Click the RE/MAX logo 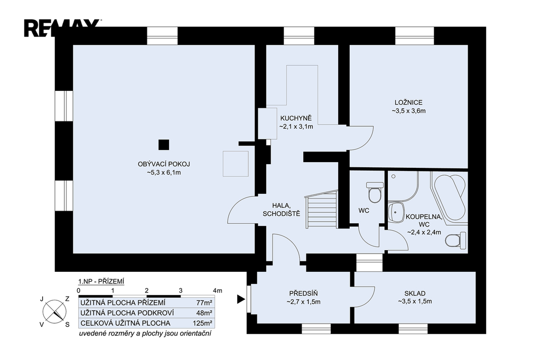(x=62, y=28)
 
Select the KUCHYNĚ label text (x=296, y=118)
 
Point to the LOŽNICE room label (x=408, y=102)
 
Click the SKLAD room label (x=415, y=293)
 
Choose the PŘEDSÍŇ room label (x=303, y=293)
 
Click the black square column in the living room (x=164, y=145)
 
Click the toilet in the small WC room (x=375, y=192)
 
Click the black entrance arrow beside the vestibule (x=241, y=299)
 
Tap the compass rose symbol (x=54, y=311)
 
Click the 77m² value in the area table (x=204, y=303)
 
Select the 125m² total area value (x=202, y=324)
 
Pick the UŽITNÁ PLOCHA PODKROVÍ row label (x=127, y=313)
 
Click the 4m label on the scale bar (x=218, y=291)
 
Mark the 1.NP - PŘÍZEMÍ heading (x=101, y=281)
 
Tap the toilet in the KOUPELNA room (x=455, y=240)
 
